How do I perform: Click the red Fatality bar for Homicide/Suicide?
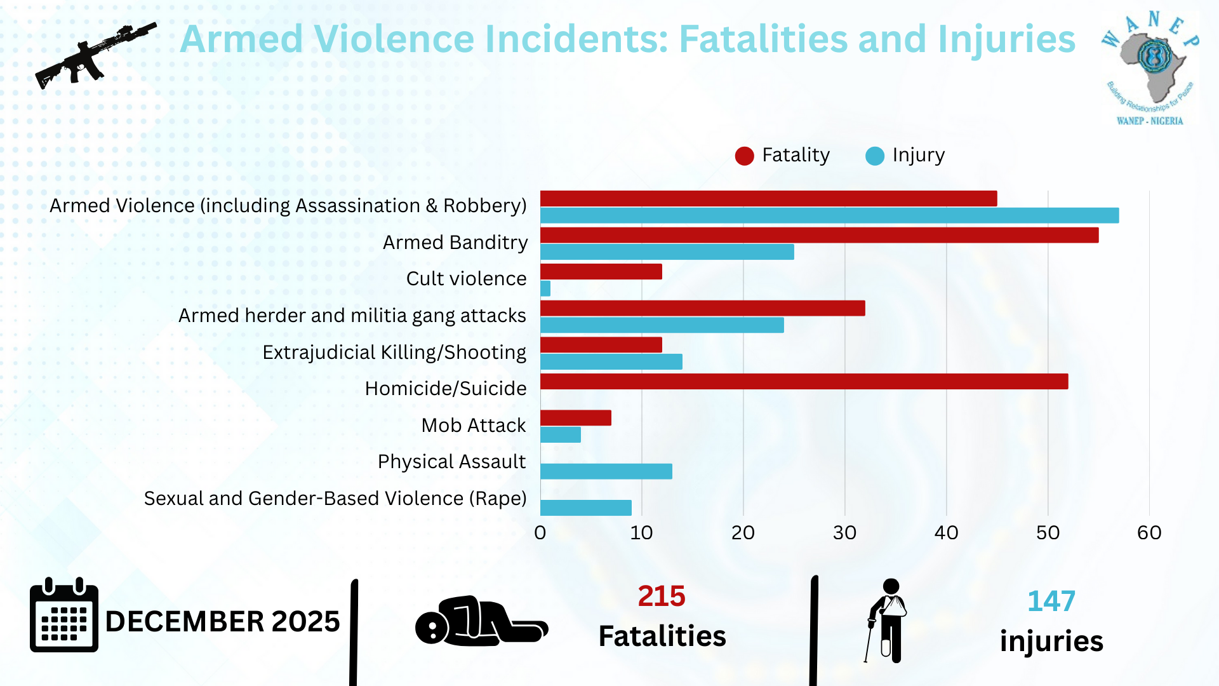point(804,381)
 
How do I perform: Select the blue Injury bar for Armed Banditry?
point(667,252)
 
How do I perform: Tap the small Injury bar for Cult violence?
point(545,288)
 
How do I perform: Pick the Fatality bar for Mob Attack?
point(575,417)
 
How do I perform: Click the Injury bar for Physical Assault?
point(606,471)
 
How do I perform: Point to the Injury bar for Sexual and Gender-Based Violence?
point(585,508)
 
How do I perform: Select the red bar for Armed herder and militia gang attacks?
point(702,308)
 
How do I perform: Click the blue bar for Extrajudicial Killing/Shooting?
point(611,361)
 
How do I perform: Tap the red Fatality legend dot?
point(744,156)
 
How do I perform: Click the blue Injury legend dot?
point(875,156)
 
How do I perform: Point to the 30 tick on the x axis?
point(844,532)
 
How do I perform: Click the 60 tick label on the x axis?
point(1149,532)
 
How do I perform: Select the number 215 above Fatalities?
point(662,596)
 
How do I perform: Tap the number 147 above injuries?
point(1051,601)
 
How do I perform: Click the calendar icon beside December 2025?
point(64,616)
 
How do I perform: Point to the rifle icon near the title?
point(95,56)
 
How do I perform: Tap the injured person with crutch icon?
point(888,620)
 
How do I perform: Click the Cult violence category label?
point(466,279)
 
